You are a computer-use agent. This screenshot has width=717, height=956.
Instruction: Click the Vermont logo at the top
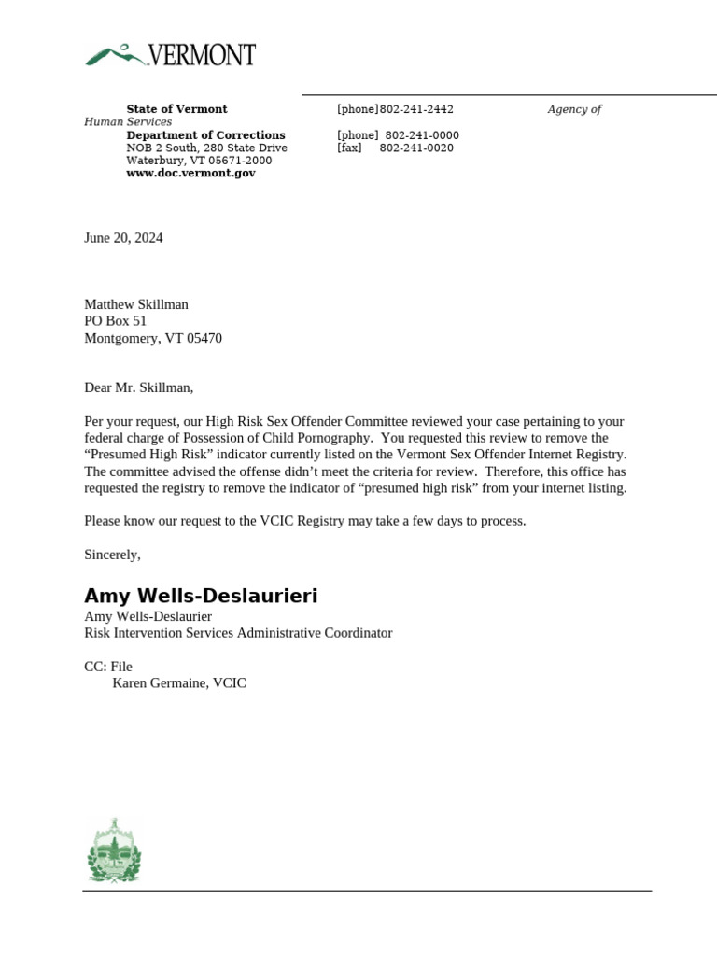coord(170,55)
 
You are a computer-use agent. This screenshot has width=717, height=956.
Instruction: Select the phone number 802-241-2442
coord(416,109)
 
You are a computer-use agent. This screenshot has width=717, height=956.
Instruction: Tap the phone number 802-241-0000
coord(421,135)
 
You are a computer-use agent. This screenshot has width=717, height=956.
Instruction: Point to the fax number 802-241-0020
coord(416,148)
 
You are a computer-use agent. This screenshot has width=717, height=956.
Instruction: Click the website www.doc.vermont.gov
coord(190,174)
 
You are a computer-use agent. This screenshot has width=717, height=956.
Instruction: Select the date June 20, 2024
coord(123,238)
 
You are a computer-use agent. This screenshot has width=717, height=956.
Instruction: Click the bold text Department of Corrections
coord(205,135)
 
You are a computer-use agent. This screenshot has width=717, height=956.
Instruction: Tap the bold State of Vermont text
coord(176,109)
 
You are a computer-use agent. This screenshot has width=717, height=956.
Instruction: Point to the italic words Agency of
coord(574,109)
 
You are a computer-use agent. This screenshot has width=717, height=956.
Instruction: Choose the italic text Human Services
coord(128,122)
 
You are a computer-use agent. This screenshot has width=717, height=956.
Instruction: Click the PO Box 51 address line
coord(116,321)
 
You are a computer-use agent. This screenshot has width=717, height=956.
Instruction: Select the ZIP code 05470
coord(204,338)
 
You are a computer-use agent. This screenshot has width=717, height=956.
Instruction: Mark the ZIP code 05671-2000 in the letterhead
coord(240,161)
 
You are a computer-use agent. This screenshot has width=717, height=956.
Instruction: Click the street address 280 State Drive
coord(241,148)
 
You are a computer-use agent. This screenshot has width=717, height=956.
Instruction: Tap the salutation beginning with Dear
coord(139,387)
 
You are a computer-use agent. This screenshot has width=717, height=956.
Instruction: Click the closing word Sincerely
coord(112,555)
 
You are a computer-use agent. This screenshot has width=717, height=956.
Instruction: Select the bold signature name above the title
coord(201,597)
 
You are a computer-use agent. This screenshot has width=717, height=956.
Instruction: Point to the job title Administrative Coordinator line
coord(238,633)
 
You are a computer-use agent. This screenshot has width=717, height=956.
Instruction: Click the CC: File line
coord(108,667)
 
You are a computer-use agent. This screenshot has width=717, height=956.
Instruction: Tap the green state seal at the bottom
coord(113,851)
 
